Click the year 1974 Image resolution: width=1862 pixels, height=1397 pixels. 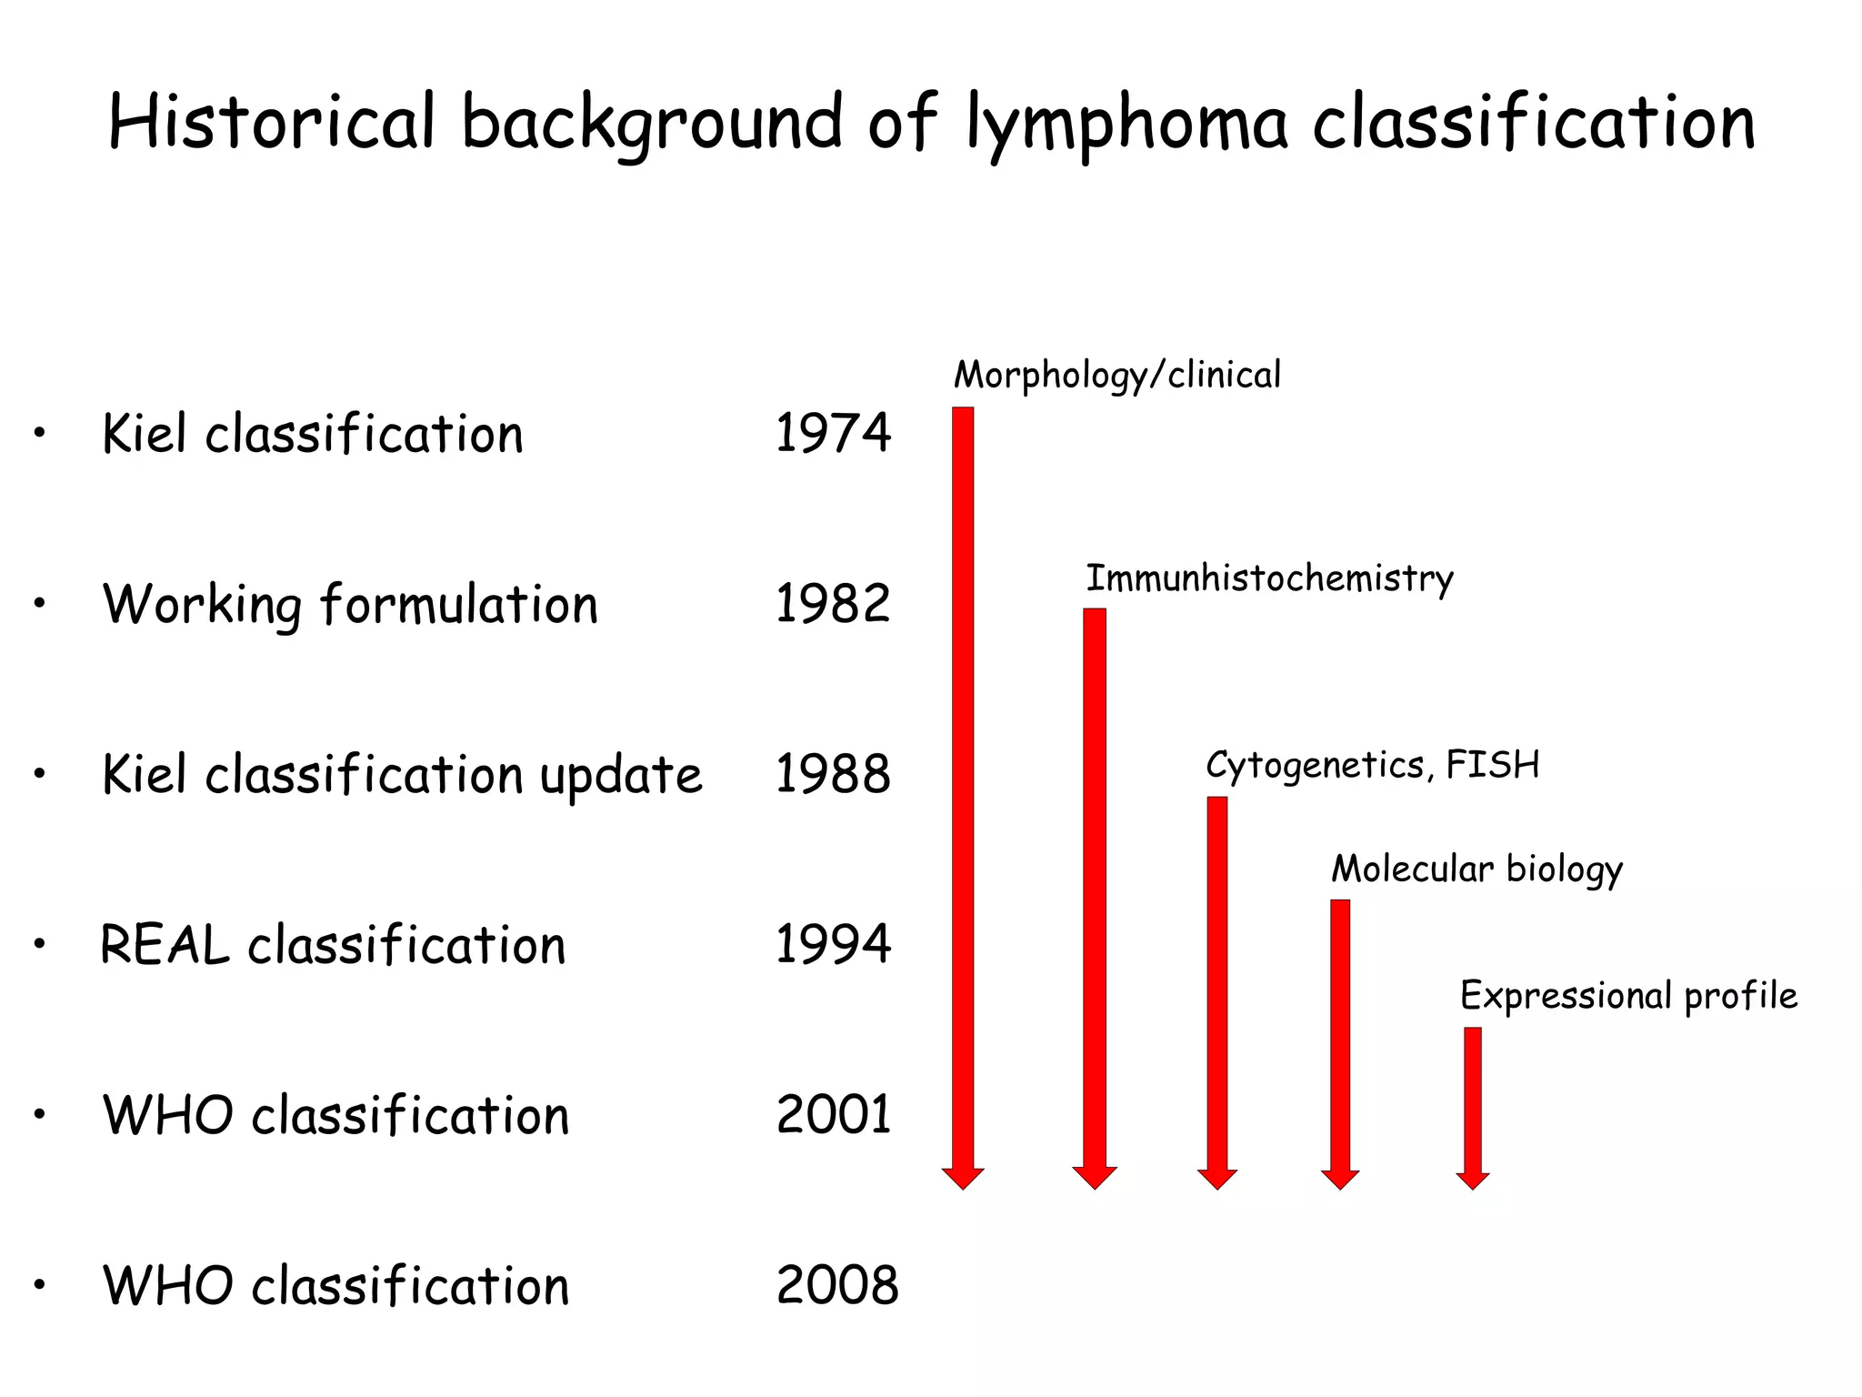[x=833, y=433]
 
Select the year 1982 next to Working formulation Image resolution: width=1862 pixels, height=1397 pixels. [x=833, y=603]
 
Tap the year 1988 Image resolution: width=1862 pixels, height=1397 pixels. [x=833, y=774]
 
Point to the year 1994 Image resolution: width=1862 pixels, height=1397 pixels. [x=833, y=944]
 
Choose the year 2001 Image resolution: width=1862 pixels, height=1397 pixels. [x=834, y=1115]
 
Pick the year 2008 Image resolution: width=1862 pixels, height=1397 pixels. [x=836, y=1285]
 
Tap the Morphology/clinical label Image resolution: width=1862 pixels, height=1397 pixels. [x=1116, y=376]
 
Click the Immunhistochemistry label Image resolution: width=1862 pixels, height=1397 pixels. [x=1269, y=578]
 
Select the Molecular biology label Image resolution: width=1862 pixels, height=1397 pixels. [x=1477, y=869]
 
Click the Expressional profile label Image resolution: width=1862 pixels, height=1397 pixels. [x=1628, y=996]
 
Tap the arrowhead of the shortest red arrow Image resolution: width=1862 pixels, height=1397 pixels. [x=1473, y=1180]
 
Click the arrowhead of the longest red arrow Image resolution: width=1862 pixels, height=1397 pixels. [x=963, y=1178]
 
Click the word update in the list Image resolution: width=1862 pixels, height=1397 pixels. [x=621, y=776]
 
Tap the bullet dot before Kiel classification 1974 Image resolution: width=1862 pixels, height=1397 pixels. [x=39, y=433]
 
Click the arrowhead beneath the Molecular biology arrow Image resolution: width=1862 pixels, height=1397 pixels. [x=1340, y=1179]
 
